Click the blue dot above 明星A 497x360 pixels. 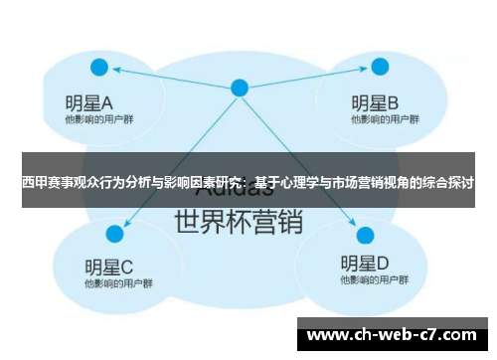point(98,68)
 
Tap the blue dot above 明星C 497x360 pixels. point(113,233)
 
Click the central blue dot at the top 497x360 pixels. point(239,88)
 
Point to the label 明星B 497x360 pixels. point(375,101)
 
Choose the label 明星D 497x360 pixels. point(365,265)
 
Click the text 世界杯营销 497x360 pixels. point(239,222)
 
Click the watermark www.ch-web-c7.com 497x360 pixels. point(394,335)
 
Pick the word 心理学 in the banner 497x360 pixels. point(298,184)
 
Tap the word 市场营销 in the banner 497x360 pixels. point(354,184)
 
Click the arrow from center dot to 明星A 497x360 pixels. point(169,78)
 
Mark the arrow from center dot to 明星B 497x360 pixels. point(308,78)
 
